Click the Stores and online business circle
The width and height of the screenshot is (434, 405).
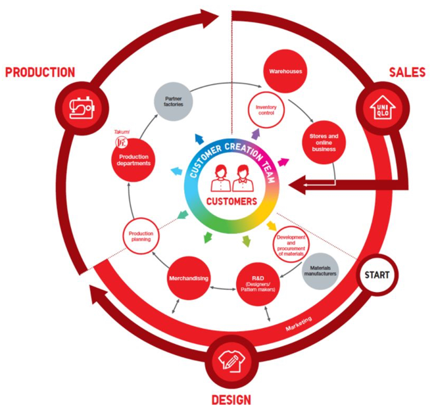pos(324,143)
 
